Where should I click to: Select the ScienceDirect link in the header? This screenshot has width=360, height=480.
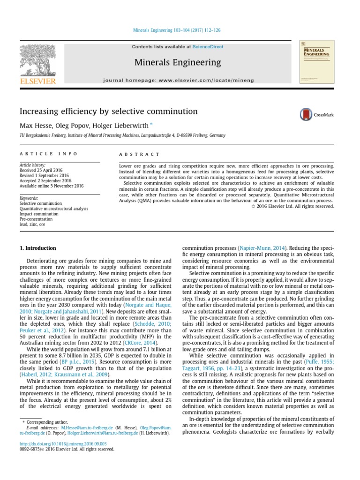click(x=208, y=47)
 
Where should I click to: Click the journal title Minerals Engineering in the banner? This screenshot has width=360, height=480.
click(x=178, y=62)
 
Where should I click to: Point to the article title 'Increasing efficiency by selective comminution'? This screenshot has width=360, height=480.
click(x=108, y=112)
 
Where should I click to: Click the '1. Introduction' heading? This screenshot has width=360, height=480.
click(x=38, y=248)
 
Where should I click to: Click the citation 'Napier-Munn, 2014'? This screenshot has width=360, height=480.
click(x=262, y=248)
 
